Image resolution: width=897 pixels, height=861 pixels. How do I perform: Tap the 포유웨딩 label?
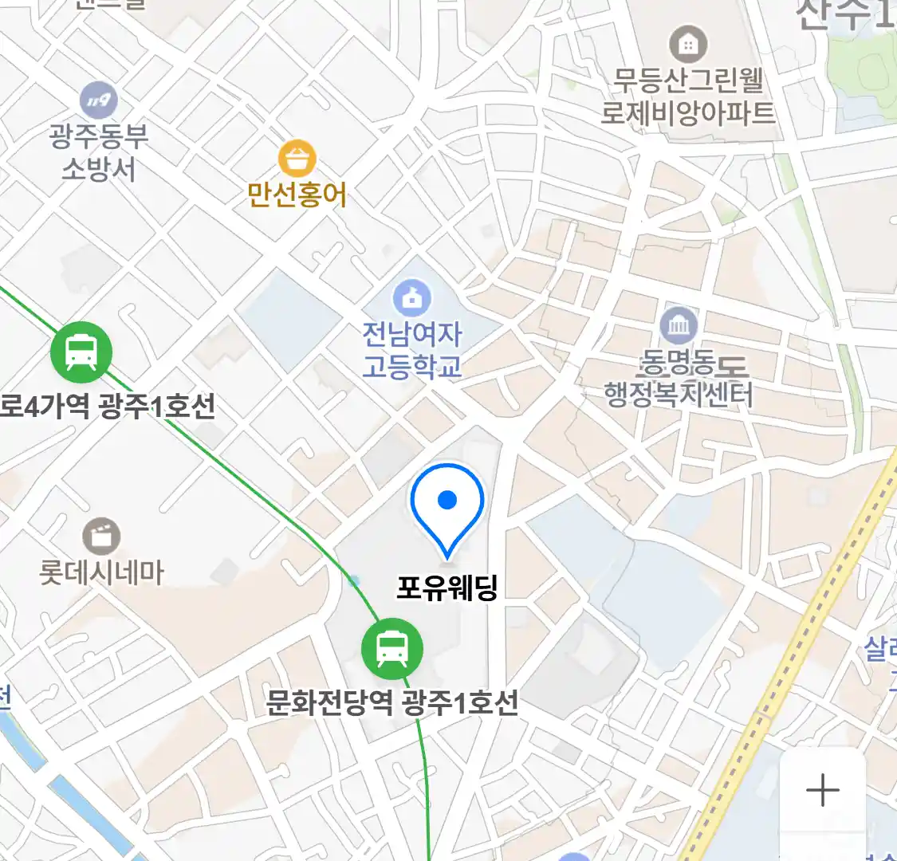point(447,588)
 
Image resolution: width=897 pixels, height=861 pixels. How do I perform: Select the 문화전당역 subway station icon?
point(391,647)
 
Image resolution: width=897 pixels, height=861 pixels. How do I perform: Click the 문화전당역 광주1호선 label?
point(391,703)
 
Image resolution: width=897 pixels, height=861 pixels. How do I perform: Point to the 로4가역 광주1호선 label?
point(108,407)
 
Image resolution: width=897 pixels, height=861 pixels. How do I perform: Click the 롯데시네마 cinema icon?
point(101,537)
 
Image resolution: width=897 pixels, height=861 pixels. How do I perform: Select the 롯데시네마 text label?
point(101,572)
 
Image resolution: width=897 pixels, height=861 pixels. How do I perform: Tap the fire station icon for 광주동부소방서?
point(99,100)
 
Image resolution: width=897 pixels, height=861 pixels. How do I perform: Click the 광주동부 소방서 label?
point(99,152)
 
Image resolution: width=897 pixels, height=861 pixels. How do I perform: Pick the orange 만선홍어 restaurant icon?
point(297,159)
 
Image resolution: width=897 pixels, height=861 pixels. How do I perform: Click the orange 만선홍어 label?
point(297,195)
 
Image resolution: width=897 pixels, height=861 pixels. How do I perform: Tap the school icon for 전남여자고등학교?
point(412,299)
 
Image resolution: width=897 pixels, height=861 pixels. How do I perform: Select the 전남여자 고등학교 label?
point(412,350)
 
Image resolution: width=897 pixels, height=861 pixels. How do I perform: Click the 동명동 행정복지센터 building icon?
point(679,326)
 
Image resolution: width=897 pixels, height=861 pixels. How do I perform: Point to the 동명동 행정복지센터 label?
point(679,379)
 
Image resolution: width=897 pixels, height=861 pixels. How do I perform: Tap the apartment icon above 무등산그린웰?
point(688,44)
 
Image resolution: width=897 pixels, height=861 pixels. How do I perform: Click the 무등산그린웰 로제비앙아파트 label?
point(688,96)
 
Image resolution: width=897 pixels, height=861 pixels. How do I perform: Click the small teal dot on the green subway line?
point(354,581)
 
